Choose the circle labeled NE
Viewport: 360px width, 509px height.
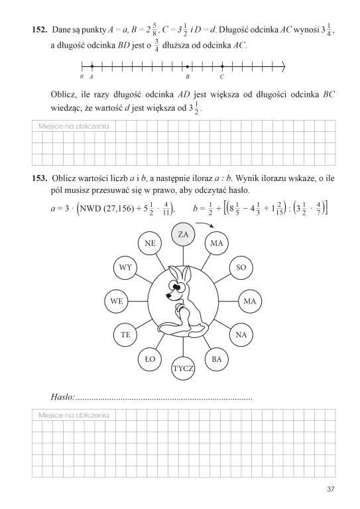coord(150,243)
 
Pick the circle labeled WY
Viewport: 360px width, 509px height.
coord(125,267)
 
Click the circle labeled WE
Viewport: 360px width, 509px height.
coord(117,300)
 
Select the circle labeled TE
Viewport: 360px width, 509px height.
coord(125,335)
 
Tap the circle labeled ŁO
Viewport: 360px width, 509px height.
coord(150,359)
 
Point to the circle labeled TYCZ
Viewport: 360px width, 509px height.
coord(183,368)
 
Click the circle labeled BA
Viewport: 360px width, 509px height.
coord(216,359)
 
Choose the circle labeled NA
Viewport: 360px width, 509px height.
coord(241,335)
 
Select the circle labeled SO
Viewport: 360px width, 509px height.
coord(241,267)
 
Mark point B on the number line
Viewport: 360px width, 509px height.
coord(188,66)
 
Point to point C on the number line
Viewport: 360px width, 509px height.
coord(221,66)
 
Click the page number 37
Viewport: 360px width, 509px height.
coord(331,489)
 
